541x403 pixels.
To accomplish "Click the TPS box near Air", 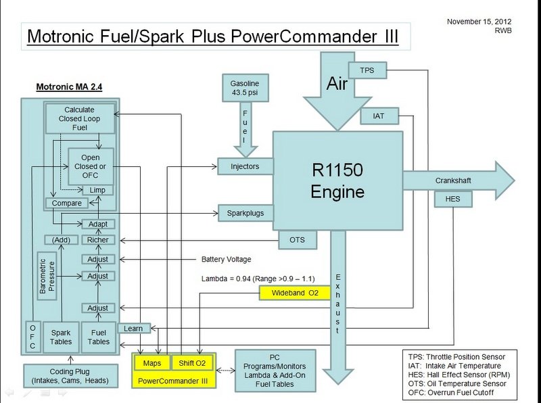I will coord(367,70).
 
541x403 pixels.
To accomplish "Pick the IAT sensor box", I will coord(378,116).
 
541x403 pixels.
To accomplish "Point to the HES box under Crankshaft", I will coord(452,199).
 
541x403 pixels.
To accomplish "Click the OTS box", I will coord(297,239).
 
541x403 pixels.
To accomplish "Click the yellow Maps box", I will coord(151,363).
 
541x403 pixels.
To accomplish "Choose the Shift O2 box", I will coord(191,363).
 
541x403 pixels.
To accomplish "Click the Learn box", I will coord(133,329).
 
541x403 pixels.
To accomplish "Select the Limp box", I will coord(97,190).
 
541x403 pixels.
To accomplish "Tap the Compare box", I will coord(66,203).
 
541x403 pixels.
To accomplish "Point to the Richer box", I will coord(97,240).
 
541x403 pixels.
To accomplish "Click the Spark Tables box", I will coord(61,337).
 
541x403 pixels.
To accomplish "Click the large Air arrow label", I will coord(337,83).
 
